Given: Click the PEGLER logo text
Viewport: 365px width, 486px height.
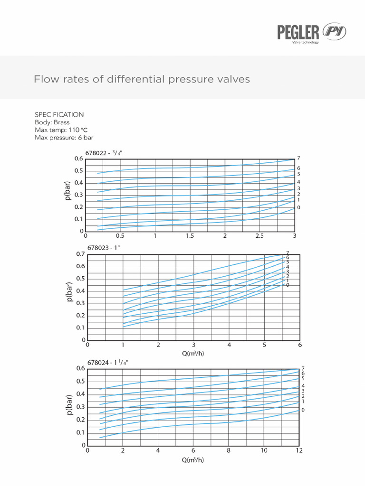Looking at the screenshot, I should tap(298, 32).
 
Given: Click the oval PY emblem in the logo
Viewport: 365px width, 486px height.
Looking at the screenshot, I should tap(335, 32).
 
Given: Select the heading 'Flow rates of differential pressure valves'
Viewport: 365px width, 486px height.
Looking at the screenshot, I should tap(142, 79).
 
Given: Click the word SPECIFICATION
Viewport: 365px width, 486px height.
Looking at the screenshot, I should tap(59, 115).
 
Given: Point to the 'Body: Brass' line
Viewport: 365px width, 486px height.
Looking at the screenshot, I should tap(52, 122).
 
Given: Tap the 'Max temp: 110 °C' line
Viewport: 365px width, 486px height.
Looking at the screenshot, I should tap(61, 130).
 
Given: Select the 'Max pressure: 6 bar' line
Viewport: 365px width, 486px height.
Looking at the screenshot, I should tap(64, 138).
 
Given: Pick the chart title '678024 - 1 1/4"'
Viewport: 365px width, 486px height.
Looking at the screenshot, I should tap(107, 362).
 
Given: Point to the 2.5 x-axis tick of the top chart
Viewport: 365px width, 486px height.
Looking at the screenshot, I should tap(259, 236).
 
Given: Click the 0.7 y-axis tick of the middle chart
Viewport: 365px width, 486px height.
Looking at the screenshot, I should tap(80, 254).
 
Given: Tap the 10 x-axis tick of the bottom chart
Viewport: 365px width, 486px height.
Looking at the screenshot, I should tap(264, 450).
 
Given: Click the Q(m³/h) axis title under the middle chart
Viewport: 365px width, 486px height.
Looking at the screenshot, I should tap(193, 353).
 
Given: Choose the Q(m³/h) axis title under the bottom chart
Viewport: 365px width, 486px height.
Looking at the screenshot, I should tap(193, 459).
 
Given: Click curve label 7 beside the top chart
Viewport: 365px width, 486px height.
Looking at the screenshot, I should tap(298, 158).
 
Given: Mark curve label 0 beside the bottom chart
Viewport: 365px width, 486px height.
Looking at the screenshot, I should tap(303, 410).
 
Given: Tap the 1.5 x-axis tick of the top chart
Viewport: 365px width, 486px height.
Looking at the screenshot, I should tap(190, 236).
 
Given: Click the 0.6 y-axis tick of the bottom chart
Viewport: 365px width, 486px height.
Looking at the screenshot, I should tap(80, 369).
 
